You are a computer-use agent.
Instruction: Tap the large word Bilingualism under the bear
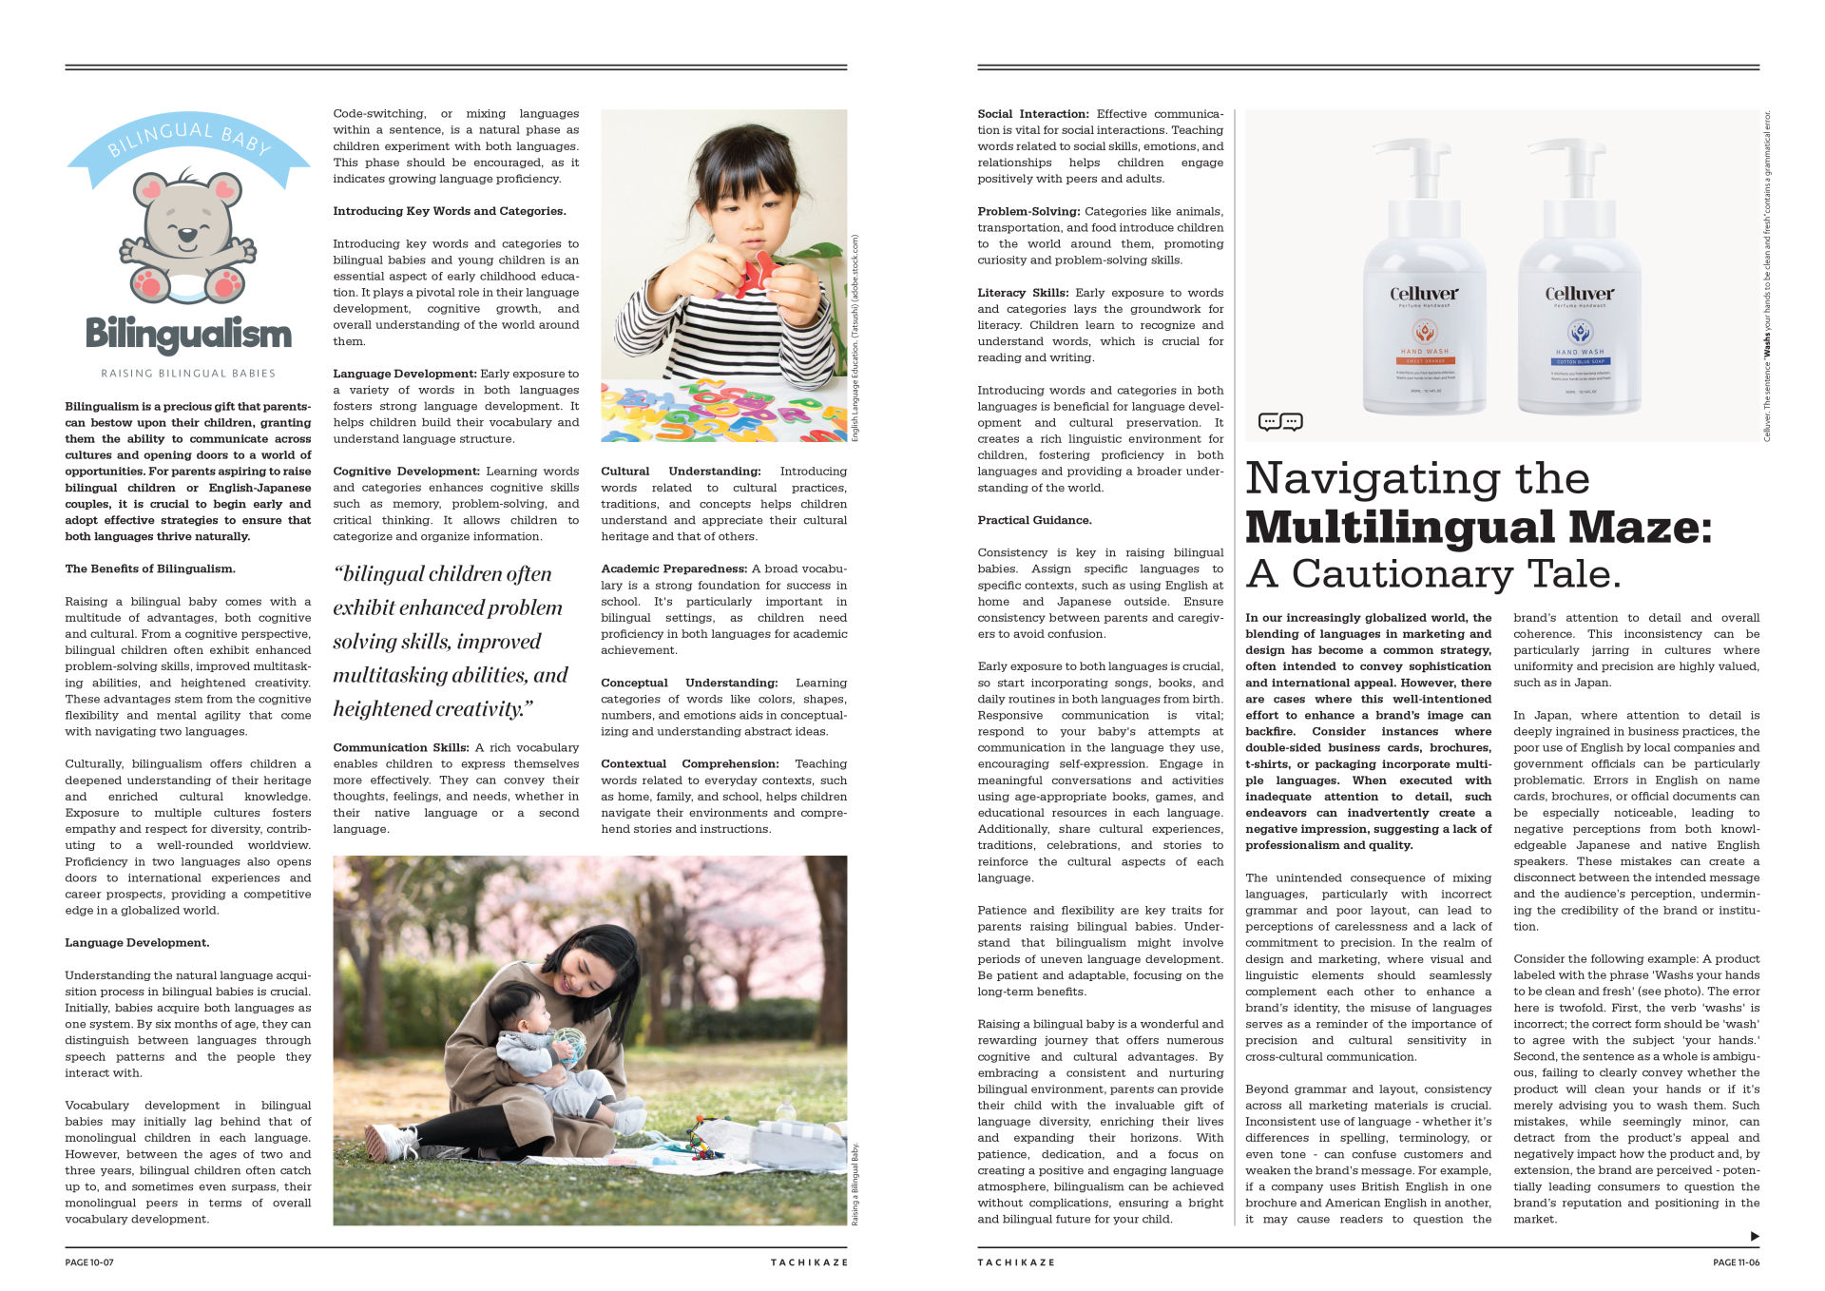(188, 335)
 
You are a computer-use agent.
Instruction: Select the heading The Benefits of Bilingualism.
(150, 568)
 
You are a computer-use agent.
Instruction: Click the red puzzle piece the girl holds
(759, 273)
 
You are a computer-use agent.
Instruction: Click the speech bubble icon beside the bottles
(1279, 421)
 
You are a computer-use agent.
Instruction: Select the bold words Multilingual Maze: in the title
(1478, 528)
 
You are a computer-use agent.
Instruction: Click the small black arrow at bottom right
(1755, 1236)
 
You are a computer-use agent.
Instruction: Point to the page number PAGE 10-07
(89, 1262)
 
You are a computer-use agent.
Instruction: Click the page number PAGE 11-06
(1736, 1262)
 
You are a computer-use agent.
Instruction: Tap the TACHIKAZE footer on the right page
(1016, 1262)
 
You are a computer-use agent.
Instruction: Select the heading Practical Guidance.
(1034, 520)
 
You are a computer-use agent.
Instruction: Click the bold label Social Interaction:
(1032, 114)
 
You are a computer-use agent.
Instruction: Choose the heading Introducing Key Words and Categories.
(449, 211)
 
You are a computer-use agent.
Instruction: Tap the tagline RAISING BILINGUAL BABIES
(188, 374)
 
